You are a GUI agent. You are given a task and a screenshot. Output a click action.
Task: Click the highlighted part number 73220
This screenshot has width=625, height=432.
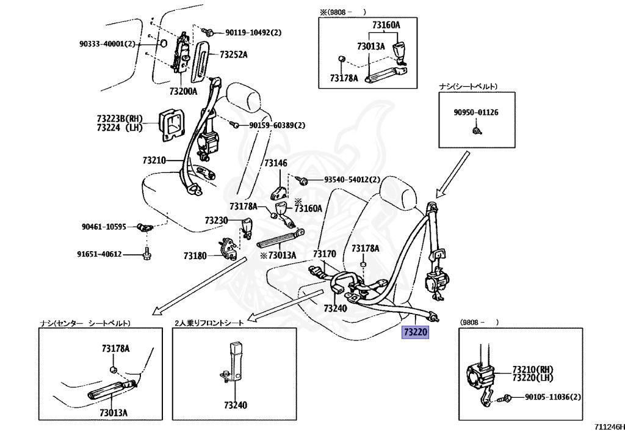tap(416, 332)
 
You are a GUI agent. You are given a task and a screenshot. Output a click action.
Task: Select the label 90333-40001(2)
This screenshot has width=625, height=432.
tap(107, 44)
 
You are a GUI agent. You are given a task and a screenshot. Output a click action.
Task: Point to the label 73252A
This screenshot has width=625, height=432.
tap(233, 55)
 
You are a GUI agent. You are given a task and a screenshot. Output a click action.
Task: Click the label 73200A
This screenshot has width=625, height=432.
tap(183, 92)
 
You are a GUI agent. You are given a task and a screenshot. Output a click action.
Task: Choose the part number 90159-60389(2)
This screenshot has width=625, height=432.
tap(276, 125)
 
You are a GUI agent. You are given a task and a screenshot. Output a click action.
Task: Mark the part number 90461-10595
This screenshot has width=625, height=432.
tap(104, 227)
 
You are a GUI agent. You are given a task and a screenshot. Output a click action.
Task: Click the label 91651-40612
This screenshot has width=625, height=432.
tap(99, 254)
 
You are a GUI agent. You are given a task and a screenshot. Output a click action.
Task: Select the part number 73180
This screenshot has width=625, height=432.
tap(195, 255)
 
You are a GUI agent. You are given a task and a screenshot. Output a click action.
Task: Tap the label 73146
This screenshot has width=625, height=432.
tap(275, 163)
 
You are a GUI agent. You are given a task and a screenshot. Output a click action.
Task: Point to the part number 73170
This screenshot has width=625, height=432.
tap(325, 254)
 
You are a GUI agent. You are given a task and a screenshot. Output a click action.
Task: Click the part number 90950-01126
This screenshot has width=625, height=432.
tap(475, 112)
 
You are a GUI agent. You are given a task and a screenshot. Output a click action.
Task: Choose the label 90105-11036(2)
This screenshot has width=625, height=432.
tap(553, 397)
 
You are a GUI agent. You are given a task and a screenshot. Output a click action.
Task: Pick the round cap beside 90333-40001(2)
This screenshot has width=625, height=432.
tap(164, 44)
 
